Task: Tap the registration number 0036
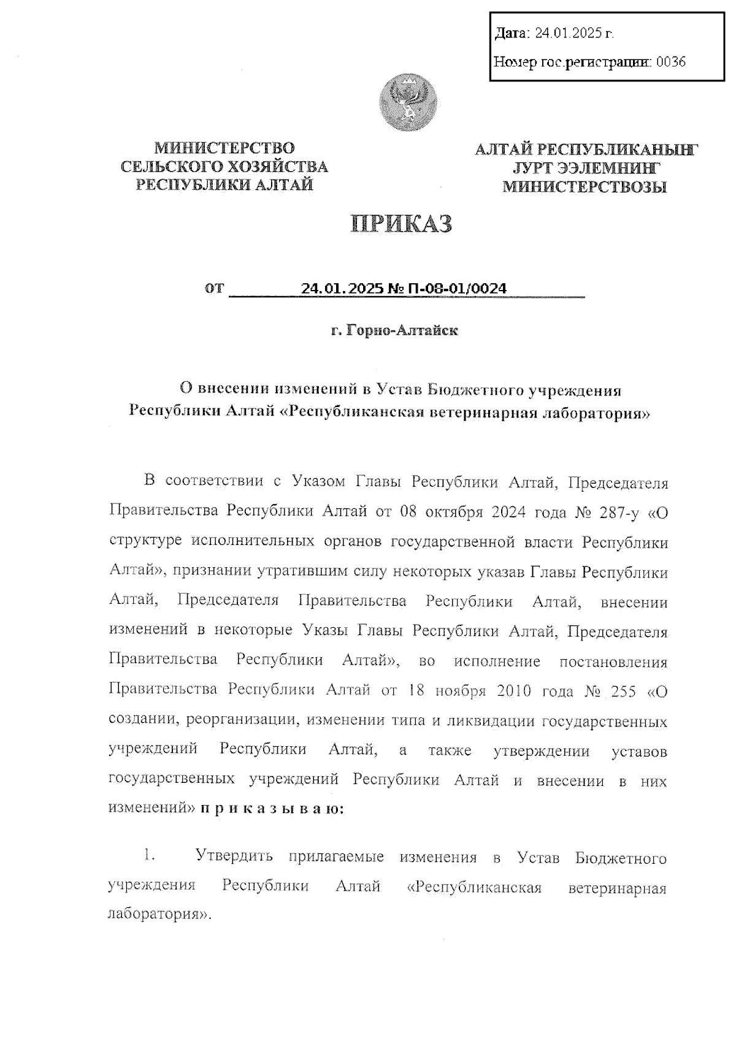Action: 671,61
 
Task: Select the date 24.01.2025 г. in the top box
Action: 573,33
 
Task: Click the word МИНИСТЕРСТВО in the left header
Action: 224,148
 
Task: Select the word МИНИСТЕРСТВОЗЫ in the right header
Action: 585,187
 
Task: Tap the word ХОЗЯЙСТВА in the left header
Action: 278,167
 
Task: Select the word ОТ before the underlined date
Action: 216,288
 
